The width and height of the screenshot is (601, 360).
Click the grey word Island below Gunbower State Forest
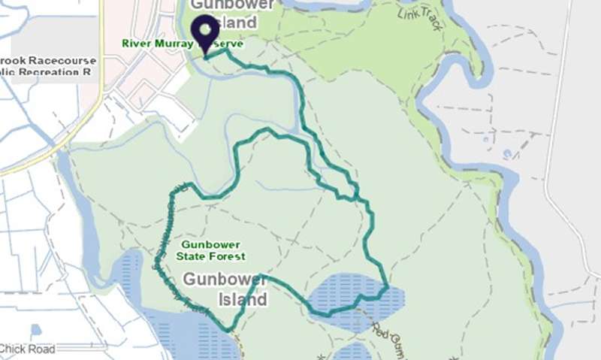click(243, 300)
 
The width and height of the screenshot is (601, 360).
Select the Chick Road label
click(28, 349)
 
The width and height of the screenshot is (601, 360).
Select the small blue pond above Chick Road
click(36, 329)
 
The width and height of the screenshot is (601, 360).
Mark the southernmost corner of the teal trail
click(229, 330)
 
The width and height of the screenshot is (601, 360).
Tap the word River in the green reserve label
click(137, 44)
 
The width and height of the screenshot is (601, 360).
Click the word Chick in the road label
click(14, 349)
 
